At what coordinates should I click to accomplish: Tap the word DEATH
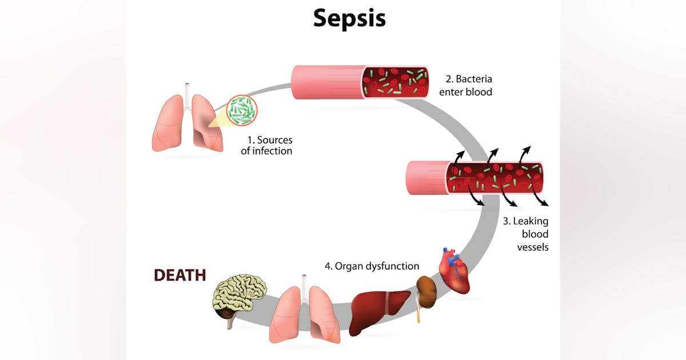180,275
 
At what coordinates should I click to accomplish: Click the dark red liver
379,311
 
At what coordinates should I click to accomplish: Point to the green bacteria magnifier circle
242,110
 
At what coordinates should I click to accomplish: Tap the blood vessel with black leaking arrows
474,178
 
